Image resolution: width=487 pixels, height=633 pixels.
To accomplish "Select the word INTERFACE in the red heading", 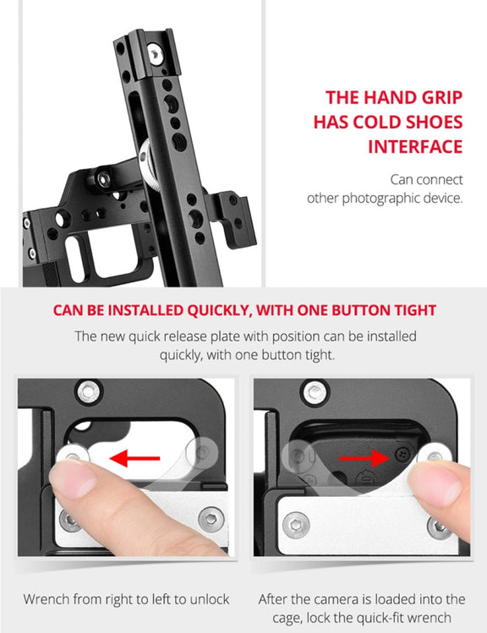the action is pos(415,146).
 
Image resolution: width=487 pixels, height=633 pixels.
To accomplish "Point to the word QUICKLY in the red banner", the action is pos(218,310).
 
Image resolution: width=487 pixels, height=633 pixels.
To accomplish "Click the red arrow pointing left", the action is pos(134,458).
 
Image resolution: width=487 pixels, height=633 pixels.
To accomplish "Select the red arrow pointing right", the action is pos(364,458).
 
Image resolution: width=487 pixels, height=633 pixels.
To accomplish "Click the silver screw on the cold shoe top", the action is pos(155,54).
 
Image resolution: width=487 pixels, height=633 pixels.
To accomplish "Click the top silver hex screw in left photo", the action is pos(88,390).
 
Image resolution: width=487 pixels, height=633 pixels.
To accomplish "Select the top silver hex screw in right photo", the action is pos(315,391).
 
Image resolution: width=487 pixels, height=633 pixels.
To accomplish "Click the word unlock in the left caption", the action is pos(209,598).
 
